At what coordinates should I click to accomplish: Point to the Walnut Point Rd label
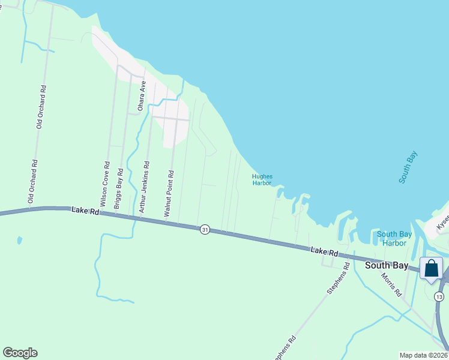(x=170, y=193)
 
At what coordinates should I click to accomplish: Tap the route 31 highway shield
(x=205, y=230)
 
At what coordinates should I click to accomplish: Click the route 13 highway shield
(x=440, y=297)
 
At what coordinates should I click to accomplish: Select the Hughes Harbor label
(x=262, y=179)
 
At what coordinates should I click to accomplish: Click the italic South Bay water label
(x=408, y=167)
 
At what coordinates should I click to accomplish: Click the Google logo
(x=20, y=353)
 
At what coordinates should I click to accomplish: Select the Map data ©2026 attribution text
(x=424, y=355)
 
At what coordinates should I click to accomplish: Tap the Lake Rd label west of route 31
(x=84, y=211)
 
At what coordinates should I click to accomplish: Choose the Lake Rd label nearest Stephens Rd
(x=324, y=253)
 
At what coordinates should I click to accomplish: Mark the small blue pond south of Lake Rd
(x=20, y=241)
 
